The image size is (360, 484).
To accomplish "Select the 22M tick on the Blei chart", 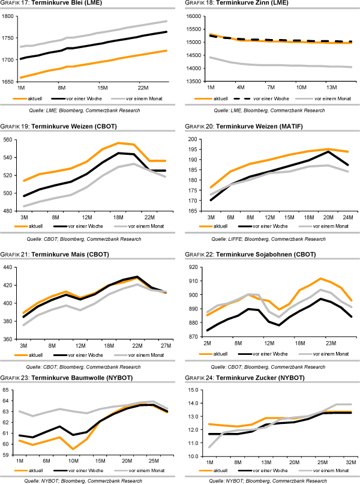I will pyautogui.click(x=143, y=88).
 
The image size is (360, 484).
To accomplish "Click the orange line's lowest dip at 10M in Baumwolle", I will pyautogui.click(x=73, y=449).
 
